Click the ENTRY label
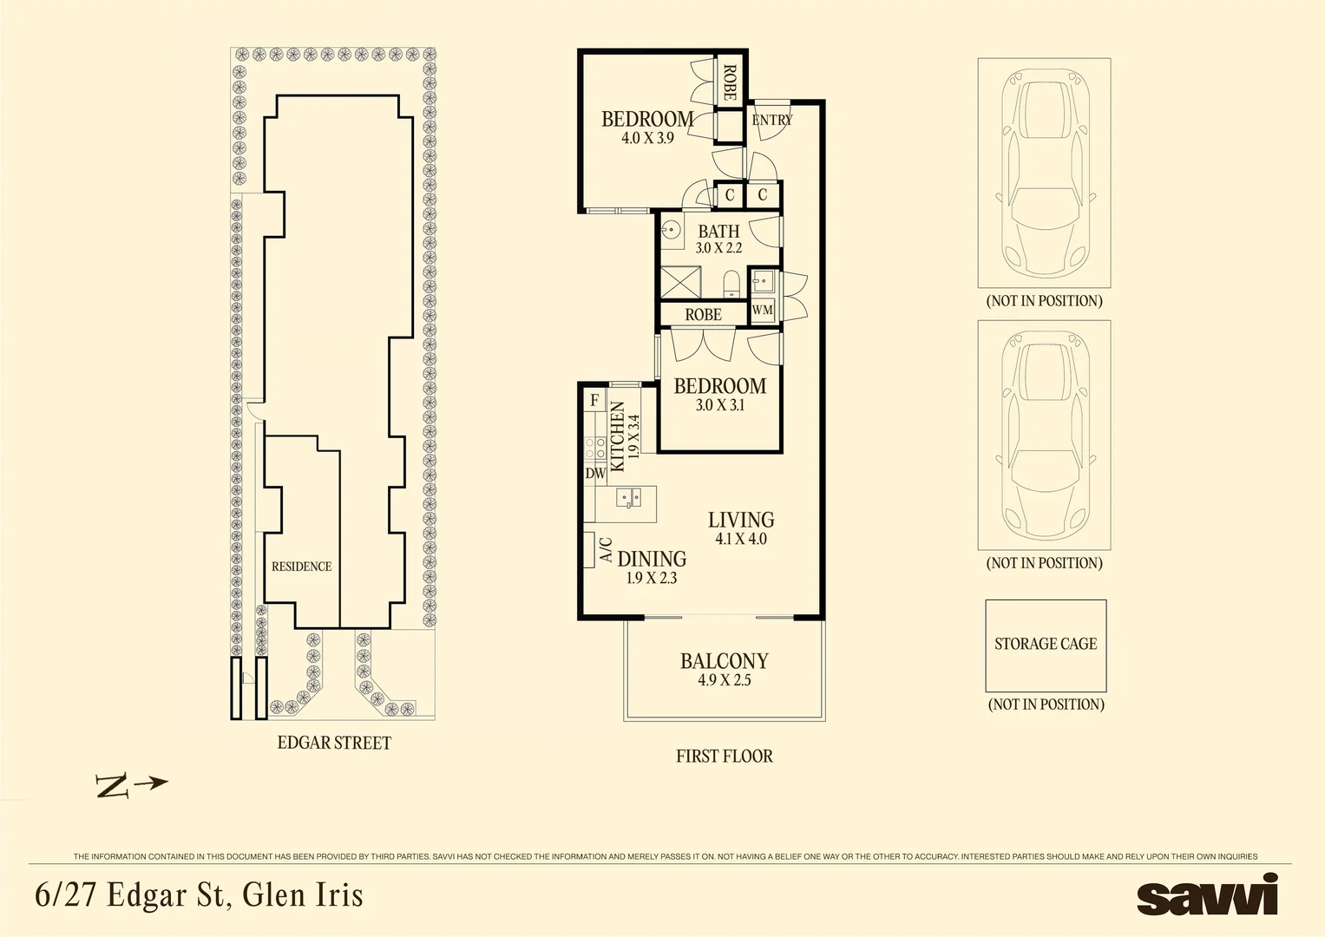[x=772, y=120]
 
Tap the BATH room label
[x=718, y=231]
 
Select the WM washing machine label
[x=763, y=310]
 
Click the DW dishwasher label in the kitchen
[x=595, y=473]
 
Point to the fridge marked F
[x=594, y=401]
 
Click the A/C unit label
[x=606, y=549]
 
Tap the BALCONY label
[x=724, y=661]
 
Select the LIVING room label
[x=741, y=520]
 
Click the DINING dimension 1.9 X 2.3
[x=652, y=578]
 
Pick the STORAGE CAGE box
[x=1046, y=646]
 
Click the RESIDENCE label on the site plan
[x=302, y=567]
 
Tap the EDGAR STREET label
[x=334, y=743]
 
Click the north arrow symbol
[x=131, y=785]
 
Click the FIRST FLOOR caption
[x=725, y=756]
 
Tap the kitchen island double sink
[x=629, y=497]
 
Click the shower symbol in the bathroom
[x=680, y=282]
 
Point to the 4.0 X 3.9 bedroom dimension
[x=647, y=138]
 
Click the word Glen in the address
[x=269, y=894]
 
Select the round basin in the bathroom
[x=672, y=227]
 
